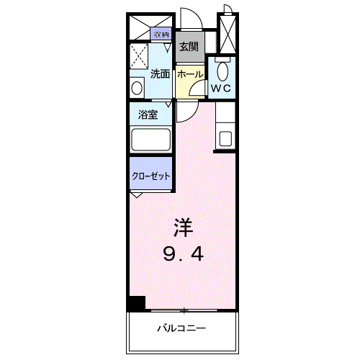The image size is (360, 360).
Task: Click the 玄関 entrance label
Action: (189, 47)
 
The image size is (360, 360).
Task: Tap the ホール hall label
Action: (189, 74)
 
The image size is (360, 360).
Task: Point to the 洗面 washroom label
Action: (160, 73)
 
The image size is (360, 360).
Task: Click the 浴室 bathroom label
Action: (149, 114)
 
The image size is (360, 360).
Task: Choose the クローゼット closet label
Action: (150, 175)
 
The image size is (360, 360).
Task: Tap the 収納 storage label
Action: (161, 35)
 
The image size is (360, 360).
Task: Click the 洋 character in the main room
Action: (182, 228)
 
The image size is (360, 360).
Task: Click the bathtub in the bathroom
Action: (150, 140)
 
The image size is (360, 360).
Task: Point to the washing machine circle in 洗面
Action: (138, 87)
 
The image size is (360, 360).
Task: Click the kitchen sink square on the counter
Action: (227, 138)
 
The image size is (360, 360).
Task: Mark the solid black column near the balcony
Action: (136, 304)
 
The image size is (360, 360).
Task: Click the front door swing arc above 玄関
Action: (190, 18)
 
